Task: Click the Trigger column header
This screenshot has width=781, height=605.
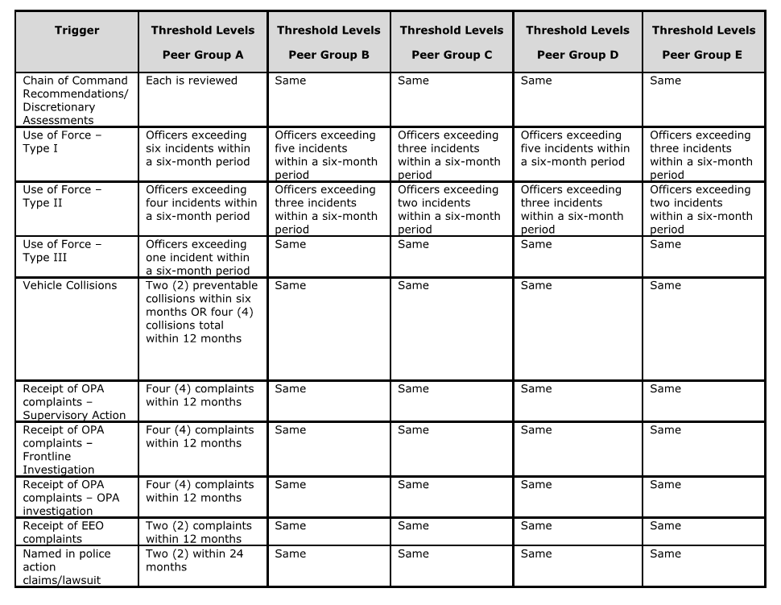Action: pyautogui.click(x=77, y=31)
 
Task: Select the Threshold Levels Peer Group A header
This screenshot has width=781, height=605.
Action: pyautogui.click(x=202, y=43)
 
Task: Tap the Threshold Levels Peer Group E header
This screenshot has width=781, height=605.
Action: pyautogui.click(x=703, y=43)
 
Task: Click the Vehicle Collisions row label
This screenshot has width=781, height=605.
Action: pyautogui.click(x=70, y=285)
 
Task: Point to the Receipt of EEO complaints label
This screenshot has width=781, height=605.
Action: pyautogui.click(x=64, y=532)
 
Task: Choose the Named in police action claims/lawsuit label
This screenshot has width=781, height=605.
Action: pyautogui.click(x=67, y=566)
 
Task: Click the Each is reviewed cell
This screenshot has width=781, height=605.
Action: pyautogui.click(x=192, y=81)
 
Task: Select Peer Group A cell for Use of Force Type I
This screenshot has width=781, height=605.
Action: pyautogui.click(x=198, y=148)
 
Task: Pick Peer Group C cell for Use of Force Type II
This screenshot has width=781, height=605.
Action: pyautogui.click(x=448, y=209)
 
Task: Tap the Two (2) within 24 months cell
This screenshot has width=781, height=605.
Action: pyautogui.click(x=194, y=560)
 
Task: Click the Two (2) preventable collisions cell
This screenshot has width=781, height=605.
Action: pyautogui.click(x=201, y=312)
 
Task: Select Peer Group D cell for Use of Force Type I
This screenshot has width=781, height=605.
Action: pyautogui.click(x=575, y=148)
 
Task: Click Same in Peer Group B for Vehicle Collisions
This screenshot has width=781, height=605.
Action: pyautogui.click(x=290, y=285)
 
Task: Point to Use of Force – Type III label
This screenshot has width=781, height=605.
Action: pyautogui.click(x=62, y=251)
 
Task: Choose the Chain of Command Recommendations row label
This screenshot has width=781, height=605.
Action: pyautogui.click(x=75, y=100)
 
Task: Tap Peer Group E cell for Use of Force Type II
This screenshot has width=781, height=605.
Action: pyautogui.click(x=700, y=209)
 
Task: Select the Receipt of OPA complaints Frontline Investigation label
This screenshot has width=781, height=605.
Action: pyautogui.click(x=63, y=450)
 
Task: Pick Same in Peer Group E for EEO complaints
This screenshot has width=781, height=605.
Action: pyautogui.click(x=665, y=525)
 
